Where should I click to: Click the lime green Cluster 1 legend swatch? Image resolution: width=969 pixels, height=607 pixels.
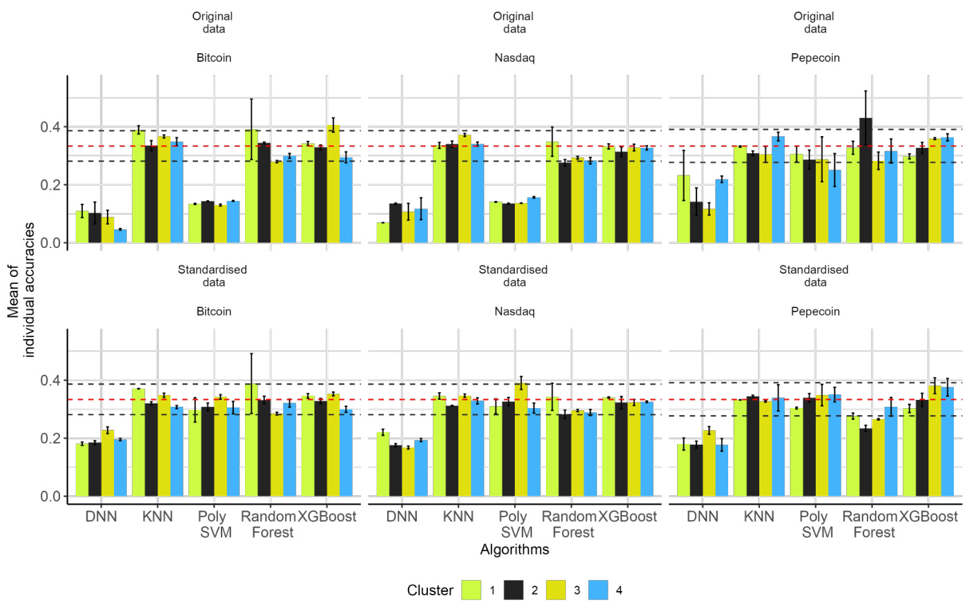471,590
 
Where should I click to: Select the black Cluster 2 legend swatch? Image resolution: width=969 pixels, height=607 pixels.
513,590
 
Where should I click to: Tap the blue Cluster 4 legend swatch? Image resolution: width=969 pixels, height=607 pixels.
598,590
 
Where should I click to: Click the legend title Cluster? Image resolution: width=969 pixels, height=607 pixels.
430,590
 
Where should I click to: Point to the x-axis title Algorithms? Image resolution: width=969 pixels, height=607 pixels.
515,550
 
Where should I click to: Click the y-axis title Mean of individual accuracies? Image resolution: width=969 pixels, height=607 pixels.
21,290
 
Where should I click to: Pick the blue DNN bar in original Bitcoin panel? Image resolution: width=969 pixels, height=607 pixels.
121,236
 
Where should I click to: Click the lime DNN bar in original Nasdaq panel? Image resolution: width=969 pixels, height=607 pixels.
382,233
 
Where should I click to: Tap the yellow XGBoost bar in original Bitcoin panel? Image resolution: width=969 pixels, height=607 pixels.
333,184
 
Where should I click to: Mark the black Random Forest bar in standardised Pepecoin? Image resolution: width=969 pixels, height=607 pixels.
865,462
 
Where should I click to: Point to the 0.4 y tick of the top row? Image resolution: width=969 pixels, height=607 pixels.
50,127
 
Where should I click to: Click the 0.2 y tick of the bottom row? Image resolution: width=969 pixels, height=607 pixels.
50,439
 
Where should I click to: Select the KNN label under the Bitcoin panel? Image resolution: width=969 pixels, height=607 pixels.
157,517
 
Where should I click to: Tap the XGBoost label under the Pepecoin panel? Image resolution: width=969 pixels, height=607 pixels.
928,517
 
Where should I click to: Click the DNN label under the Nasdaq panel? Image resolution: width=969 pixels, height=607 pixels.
402,517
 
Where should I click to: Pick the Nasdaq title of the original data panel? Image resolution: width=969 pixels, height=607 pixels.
514,58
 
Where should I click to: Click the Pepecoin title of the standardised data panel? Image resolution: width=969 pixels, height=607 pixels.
815,311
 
